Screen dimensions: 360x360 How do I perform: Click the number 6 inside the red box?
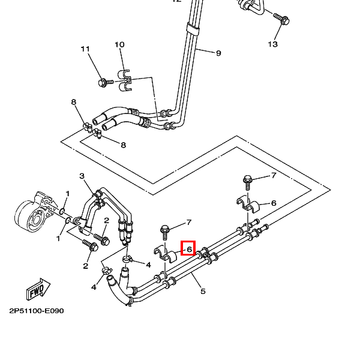click(x=188, y=248)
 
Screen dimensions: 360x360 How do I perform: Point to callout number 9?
click(x=218, y=53)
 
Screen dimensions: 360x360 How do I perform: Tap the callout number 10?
click(x=119, y=45)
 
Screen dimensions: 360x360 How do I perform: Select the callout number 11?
click(x=85, y=49)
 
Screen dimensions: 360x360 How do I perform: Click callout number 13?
click(x=273, y=44)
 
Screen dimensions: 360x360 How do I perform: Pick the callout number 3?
click(x=82, y=176)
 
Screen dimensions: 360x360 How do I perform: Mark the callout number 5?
click(x=203, y=292)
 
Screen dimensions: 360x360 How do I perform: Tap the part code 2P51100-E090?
click(x=36, y=311)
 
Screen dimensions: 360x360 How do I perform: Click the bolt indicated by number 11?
click(x=103, y=81)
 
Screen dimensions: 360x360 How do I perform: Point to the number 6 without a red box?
click(x=274, y=203)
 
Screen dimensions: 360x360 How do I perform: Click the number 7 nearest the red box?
click(x=188, y=223)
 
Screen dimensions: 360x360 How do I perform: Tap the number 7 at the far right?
click(x=274, y=176)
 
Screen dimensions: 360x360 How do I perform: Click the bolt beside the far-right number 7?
click(x=247, y=180)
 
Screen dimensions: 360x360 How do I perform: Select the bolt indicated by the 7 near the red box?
click(x=165, y=230)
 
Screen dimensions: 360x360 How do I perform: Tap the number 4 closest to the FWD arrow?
click(x=94, y=287)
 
